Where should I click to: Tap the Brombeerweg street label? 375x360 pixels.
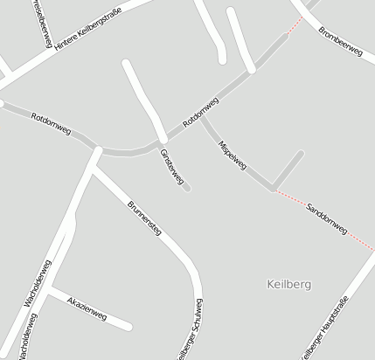coord(340,40)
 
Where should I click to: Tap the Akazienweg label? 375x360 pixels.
coord(87,307)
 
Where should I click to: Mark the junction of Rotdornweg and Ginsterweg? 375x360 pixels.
coord(163,139)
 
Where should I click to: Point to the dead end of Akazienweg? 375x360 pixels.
coord(129,328)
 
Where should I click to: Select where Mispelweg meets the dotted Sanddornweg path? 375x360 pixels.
coord(273,188)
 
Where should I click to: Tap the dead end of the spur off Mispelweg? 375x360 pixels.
coord(301,154)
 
